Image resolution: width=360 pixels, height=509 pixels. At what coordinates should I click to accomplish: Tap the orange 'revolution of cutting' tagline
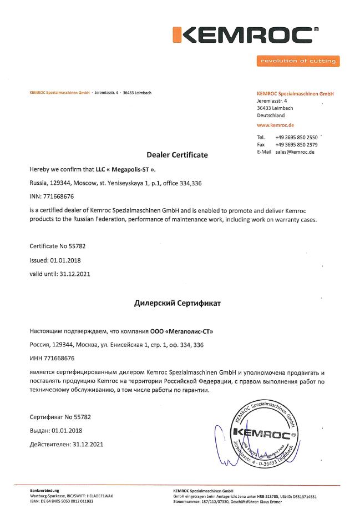tap(298, 61)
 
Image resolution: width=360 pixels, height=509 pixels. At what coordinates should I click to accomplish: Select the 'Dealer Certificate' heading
tap(177, 155)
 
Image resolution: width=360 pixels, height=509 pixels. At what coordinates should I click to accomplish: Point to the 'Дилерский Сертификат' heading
tap(178, 304)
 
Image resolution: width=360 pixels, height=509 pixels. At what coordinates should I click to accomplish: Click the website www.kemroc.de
tap(275, 125)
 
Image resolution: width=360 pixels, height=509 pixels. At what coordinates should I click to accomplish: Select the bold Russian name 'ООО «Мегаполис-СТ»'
tap(181, 331)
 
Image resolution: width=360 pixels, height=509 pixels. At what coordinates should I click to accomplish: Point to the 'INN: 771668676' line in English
tap(52, 196)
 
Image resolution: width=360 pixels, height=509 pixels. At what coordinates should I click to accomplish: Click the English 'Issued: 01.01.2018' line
tap(55, 260)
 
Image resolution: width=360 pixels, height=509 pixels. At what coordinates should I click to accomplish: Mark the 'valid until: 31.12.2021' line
tap(59, 274)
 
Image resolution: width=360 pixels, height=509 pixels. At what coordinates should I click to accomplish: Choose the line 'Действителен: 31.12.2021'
tap(66, 444)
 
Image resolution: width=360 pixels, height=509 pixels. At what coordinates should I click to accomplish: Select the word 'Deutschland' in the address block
tap(271, 115)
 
